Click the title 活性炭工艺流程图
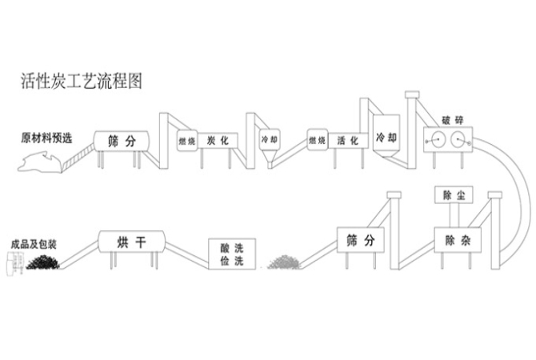point(81,82)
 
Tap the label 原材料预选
point(46,136)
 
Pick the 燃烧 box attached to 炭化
point(186,141)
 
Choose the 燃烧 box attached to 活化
point(317,141)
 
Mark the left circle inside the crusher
point(436,139)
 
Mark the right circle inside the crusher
point(459,139)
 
